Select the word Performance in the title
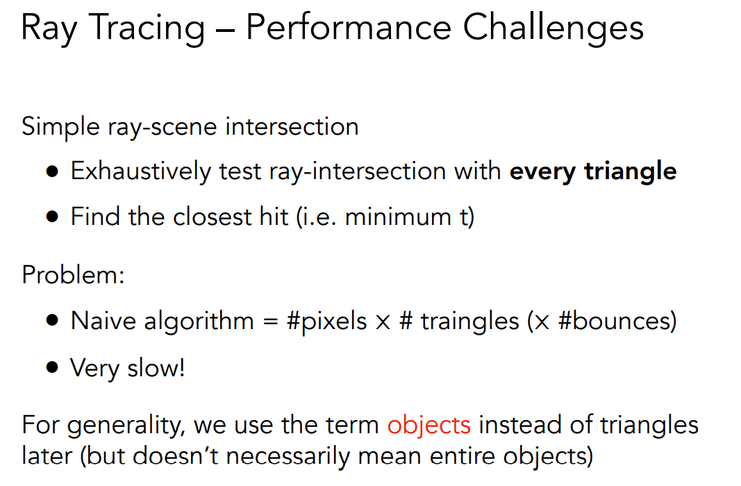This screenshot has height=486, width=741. click(x=349, y=27)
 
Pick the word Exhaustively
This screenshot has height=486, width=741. click(x=141, y=171)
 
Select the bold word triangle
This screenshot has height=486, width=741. click(x=630, y=171)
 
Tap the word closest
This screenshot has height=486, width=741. click(x=213, y=217)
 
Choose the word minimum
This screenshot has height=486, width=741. click(x=398, y=217)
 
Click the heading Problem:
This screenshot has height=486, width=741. click(x=73, y=274)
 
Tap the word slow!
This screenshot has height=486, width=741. click(x=156, y=368)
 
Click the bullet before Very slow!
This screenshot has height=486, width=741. click(x=53, y=367)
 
